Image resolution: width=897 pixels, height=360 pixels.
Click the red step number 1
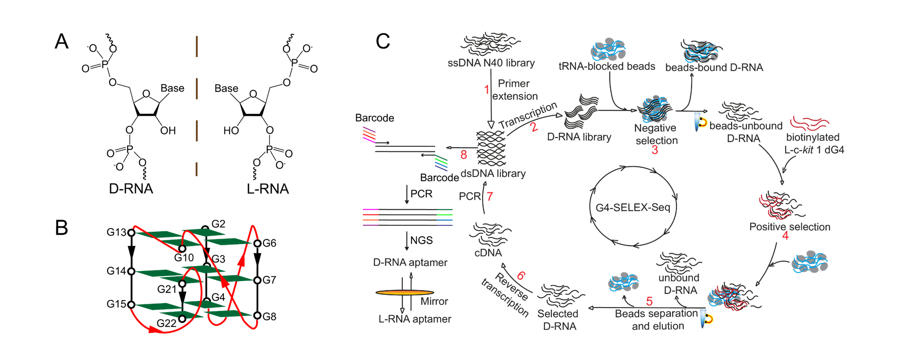click(x=487, y=90)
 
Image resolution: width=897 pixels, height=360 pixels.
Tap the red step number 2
click(x=534, y=127)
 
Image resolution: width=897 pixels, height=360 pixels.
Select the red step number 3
click(x=655, y=150)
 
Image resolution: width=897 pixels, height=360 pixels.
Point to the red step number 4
click(x=785, y=236)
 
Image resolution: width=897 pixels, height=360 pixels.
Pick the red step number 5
click(x=649, y=301)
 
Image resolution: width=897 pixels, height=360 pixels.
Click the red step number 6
click(x=521, y=276)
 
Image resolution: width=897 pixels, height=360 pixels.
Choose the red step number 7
click(x=490, y=197)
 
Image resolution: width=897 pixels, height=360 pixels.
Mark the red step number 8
click(x=464, y=155)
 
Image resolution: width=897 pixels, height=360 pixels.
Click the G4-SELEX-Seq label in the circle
click(x=633, y=208)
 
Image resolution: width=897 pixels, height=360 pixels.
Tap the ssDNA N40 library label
click(x=491, y=63)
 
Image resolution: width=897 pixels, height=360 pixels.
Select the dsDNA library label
click(x=493, y=174)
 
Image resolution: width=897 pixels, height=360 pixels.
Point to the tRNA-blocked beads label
click(x=607, y=66)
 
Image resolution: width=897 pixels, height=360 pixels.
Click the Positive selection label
click(x=790, y=227)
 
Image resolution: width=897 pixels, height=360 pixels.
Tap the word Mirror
click(x=434, y=301)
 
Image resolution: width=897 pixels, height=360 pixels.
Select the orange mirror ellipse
click(x=404, y=293)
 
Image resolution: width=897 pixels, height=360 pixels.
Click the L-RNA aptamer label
click(x=415, y=319)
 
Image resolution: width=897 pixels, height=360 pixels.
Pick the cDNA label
click(x=488, y=253)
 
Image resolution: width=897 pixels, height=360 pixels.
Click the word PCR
click(x=469, y=196)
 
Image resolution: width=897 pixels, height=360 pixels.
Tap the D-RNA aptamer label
click(x=410, y=262)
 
